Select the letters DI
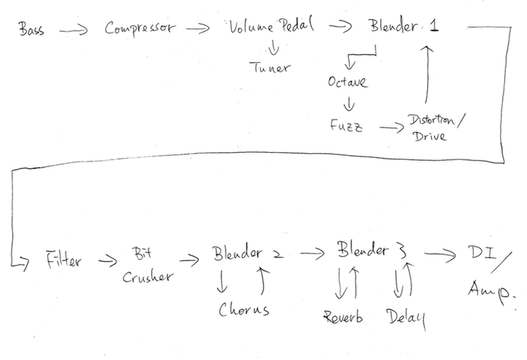[480, 253]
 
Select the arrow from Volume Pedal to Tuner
[271, 48]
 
